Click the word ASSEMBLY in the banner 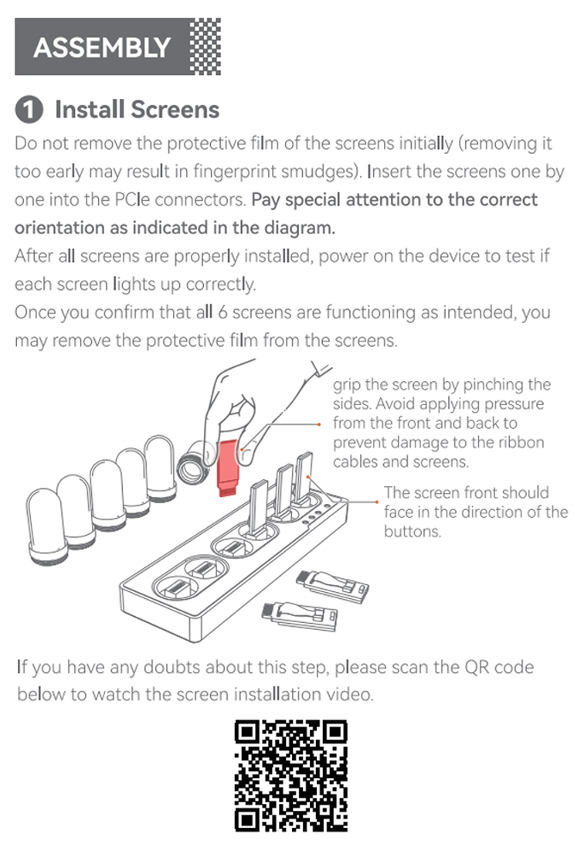(102, 47)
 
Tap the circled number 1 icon (29, 109)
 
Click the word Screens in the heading (175, 109)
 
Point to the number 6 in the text (222, 312)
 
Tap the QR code (291, 776)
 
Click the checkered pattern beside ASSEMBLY (205, 46)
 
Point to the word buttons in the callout (412, 531)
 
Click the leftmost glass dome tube (46, 526)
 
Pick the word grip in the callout (346, 386)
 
